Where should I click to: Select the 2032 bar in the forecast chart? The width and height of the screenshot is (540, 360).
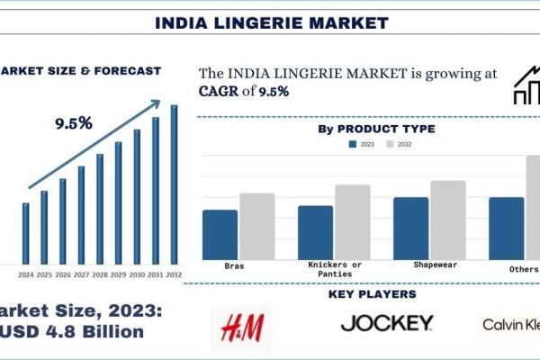click(174, 184)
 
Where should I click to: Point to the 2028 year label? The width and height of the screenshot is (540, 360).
click(99, 274)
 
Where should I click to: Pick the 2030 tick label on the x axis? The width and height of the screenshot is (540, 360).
click(137, 274)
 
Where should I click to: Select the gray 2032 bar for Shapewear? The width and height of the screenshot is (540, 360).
click(448, 220)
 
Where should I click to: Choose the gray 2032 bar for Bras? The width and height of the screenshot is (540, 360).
click(257, 226)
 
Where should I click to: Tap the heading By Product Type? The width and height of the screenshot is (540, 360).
click(376, 130)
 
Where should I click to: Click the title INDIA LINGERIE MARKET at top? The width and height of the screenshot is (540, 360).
click(270, 21)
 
